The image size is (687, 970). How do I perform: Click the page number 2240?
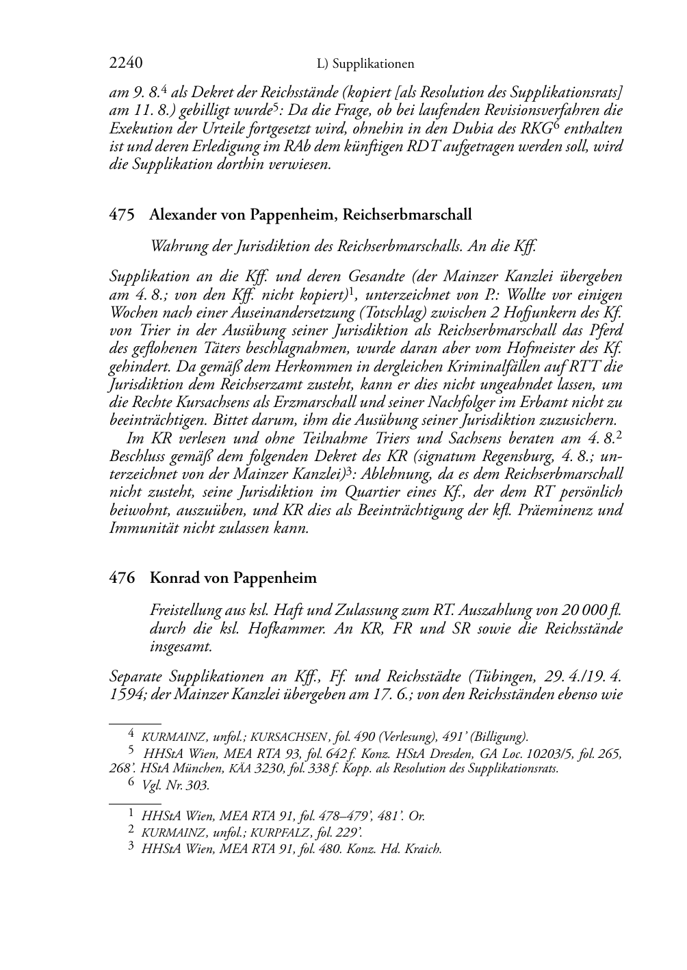click(x=125, y=64)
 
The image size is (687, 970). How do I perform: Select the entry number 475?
click(x=122, y=215)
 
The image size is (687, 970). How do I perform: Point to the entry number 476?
click(x=122, y=578)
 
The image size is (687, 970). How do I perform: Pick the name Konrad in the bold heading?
click(x=173, y=578)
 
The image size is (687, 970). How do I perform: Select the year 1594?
click(x=126, y=696)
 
